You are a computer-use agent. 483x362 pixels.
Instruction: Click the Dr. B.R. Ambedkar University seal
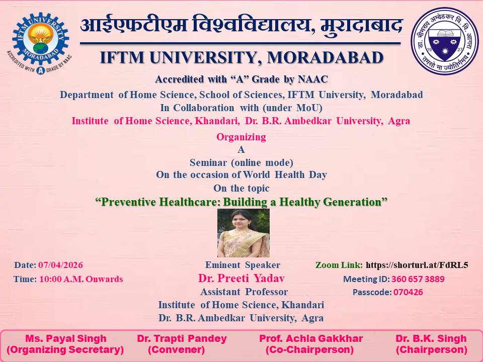(x=445, y=41)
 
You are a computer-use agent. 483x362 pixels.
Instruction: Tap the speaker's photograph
(x=244, y=233)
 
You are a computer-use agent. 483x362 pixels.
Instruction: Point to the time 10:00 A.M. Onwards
(x=81, y=279)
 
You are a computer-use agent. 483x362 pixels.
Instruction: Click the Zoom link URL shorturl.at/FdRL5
(x=417, y=265)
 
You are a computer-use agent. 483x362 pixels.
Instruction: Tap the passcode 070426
(x=408, y=292)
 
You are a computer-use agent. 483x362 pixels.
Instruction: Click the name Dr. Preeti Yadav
(x=242, y=278)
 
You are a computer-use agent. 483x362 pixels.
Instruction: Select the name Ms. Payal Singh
(x=65, y=338)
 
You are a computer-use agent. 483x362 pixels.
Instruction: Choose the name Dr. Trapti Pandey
(x=182, y=338)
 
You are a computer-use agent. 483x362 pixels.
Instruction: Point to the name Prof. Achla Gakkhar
(x=311, y=338)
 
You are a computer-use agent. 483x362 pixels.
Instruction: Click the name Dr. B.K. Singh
(x=431, y=338)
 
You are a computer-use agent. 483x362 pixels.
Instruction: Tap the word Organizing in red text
(x=241, y=137)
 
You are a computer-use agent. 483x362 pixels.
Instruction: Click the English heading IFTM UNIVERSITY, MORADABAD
(x=242, y=58)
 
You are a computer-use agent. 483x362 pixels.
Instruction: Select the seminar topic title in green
(x=242, y=202)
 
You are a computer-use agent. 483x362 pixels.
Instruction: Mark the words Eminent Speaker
(x=243, y=265)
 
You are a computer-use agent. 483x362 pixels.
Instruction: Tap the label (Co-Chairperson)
(x=309, y=350)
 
